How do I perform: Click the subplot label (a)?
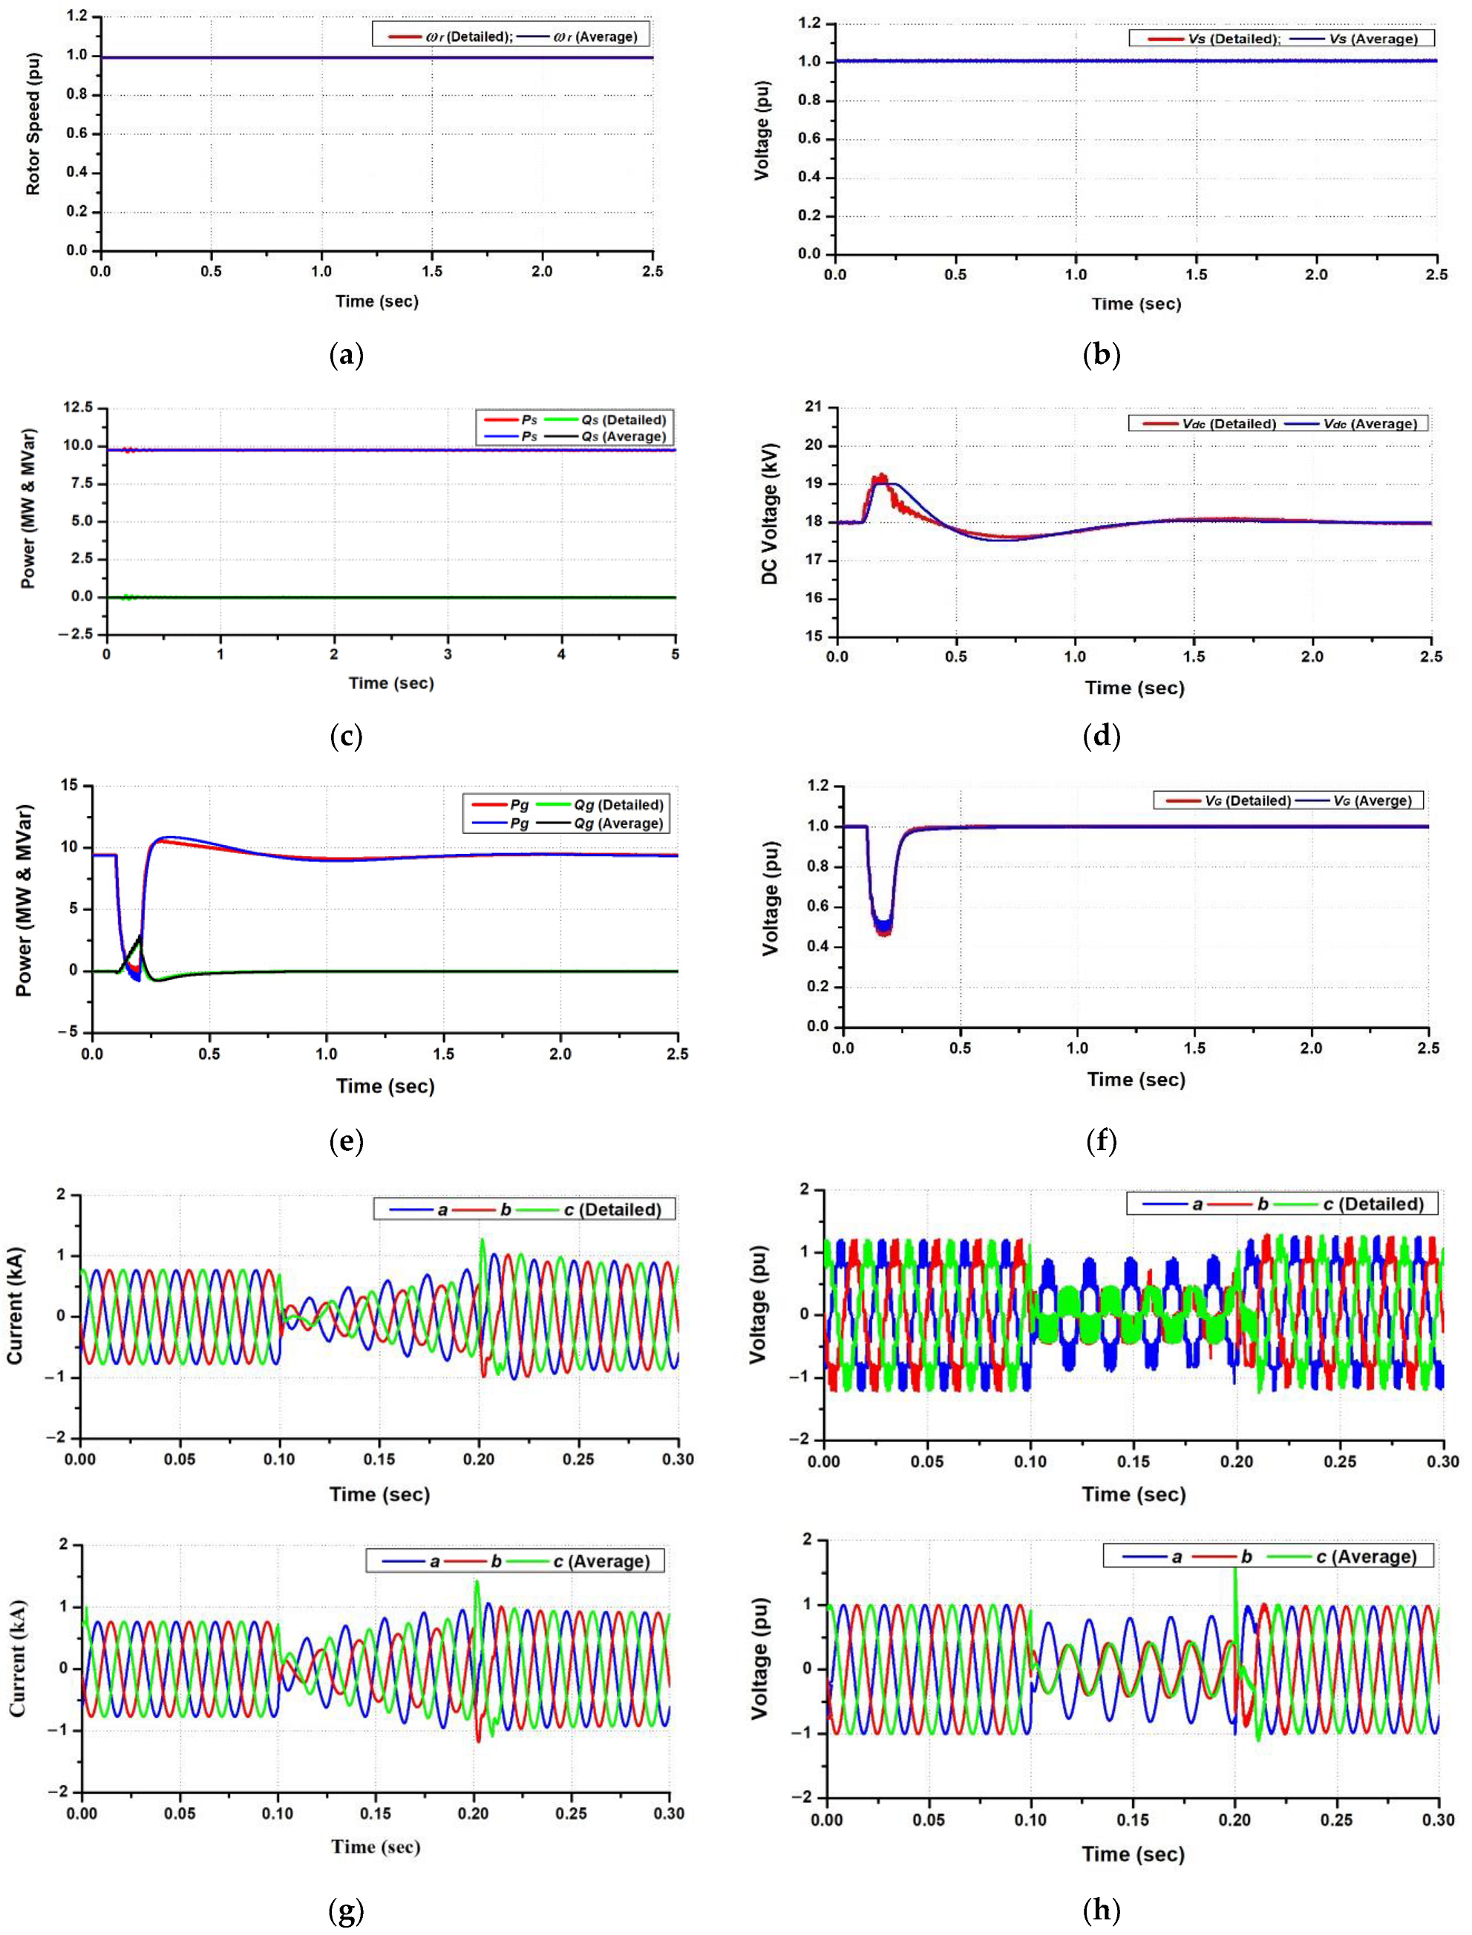346,355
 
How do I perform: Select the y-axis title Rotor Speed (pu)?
33,133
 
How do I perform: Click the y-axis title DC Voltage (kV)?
769,524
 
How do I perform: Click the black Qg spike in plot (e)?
140,939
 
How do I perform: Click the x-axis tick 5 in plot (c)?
675,653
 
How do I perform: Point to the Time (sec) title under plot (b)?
1136,304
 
